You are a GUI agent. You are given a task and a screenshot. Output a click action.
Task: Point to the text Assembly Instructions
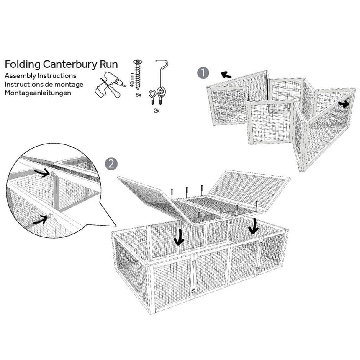point(41,76)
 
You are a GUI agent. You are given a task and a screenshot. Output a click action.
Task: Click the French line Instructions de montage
point(44,84)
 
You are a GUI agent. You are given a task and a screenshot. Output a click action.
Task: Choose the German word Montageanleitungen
point(38,93)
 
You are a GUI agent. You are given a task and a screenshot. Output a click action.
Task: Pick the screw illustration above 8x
point(138,75)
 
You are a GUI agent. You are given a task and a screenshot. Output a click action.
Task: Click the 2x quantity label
point(157,111)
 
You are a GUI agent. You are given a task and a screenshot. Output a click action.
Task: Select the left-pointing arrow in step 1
point(226,75)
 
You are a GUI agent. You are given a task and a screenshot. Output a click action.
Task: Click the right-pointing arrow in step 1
point(343,104)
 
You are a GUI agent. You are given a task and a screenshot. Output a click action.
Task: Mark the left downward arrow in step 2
point(180,238)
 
